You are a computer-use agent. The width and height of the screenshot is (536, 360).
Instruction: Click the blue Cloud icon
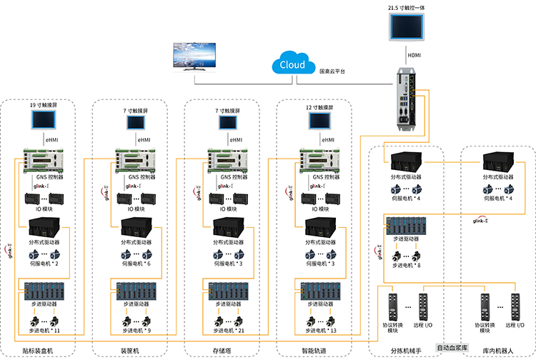pos(293,64)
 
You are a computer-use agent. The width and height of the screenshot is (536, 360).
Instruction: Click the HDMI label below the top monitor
pos(414,54)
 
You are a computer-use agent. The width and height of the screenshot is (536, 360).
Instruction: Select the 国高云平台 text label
pos(333,71)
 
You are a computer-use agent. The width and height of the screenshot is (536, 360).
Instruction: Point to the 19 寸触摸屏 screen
pos(44,122)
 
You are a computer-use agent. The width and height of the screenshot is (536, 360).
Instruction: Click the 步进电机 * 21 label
pos(228,331)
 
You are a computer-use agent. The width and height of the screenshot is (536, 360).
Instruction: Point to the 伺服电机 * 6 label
pos(137,264)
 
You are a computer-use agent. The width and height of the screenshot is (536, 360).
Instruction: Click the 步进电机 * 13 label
pos(319,331)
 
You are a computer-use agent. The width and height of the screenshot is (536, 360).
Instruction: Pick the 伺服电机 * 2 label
pos(44,264)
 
